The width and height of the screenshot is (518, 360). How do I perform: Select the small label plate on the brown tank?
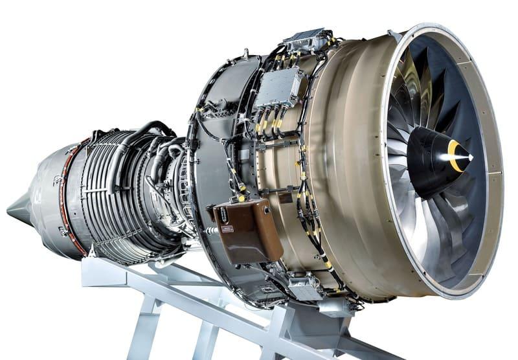coord(228,229)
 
